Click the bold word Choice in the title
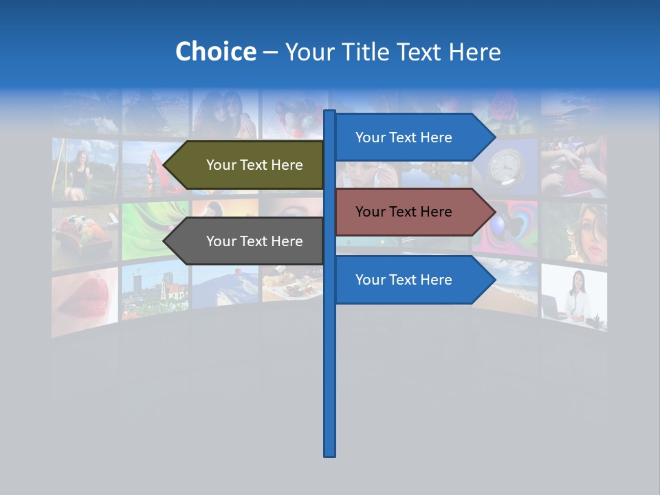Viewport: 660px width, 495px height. pyautogui.click(x=215, y=52)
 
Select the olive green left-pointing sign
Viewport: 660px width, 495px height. pyautogui.click(x=247, y=165)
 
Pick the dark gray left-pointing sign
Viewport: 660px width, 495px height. pyautogui.click(x=247, y=241)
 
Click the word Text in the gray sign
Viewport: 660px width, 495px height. pyautogui.click(x=254, y=241)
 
